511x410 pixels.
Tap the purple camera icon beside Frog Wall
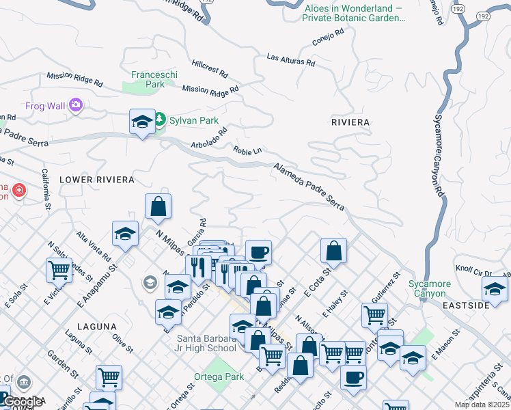75,105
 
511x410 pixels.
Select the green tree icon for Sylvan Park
160,120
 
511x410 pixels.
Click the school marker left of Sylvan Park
141,122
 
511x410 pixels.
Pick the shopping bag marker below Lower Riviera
158,206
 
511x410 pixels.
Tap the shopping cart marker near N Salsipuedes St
59,270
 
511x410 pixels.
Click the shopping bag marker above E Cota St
333,251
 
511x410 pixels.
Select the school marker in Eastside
495,288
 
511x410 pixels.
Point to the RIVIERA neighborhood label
350,122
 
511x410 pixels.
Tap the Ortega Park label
223,377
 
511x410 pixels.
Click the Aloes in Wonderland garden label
355,12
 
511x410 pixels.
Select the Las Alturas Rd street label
290,60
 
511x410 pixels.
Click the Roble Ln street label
247,150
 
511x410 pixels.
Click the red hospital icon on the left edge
18,189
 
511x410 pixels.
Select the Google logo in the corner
23,402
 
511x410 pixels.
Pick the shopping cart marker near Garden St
109,377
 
